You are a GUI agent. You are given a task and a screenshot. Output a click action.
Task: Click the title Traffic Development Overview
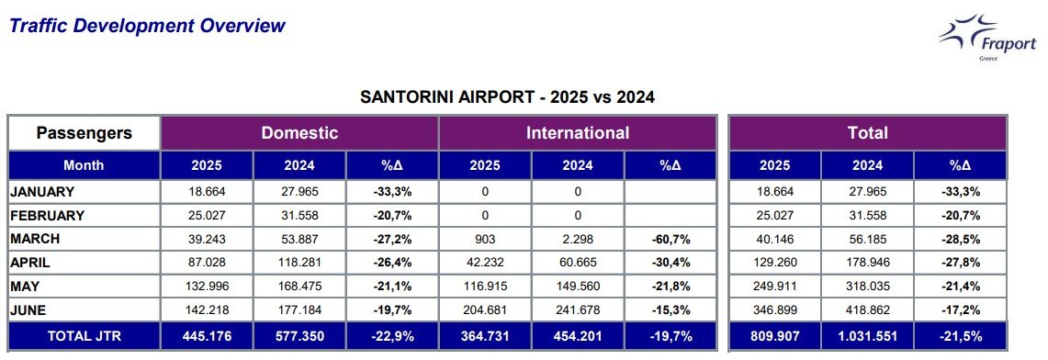pos(148,26)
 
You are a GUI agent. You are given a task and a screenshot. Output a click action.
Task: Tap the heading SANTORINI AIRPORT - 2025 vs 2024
pos(507,97)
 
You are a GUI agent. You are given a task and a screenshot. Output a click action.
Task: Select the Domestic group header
pos(299,132)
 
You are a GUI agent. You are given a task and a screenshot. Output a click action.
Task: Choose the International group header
pos(578,132)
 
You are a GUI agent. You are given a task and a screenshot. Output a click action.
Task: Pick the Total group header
pos(868,132)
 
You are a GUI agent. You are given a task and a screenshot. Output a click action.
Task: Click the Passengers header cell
pos(85,132)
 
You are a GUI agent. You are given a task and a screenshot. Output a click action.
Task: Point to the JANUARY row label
pos(42,192)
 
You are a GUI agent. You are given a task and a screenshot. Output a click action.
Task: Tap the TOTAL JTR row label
pos(85,336)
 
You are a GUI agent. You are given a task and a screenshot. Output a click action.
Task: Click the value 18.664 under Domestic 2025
pos(208,192)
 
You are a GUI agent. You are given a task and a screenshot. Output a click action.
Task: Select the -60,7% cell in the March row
pos(670,239)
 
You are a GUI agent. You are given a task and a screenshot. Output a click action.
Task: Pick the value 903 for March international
pos(485,239)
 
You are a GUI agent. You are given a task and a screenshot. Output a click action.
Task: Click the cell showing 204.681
pos(485,309)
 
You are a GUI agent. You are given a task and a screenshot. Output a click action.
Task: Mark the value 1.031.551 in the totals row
pos(868,336)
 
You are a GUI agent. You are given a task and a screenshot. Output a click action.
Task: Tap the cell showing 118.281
pos(299,263)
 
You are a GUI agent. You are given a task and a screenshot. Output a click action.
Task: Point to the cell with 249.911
pos(774,287)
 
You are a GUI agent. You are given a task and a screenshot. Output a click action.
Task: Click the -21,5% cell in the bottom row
pos(961,336)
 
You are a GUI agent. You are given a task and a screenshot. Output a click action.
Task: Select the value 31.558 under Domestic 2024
pos(299,216)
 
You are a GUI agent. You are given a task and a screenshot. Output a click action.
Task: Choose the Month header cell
pos(85,165)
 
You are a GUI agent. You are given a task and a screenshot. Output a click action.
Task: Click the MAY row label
pos(26,287)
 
